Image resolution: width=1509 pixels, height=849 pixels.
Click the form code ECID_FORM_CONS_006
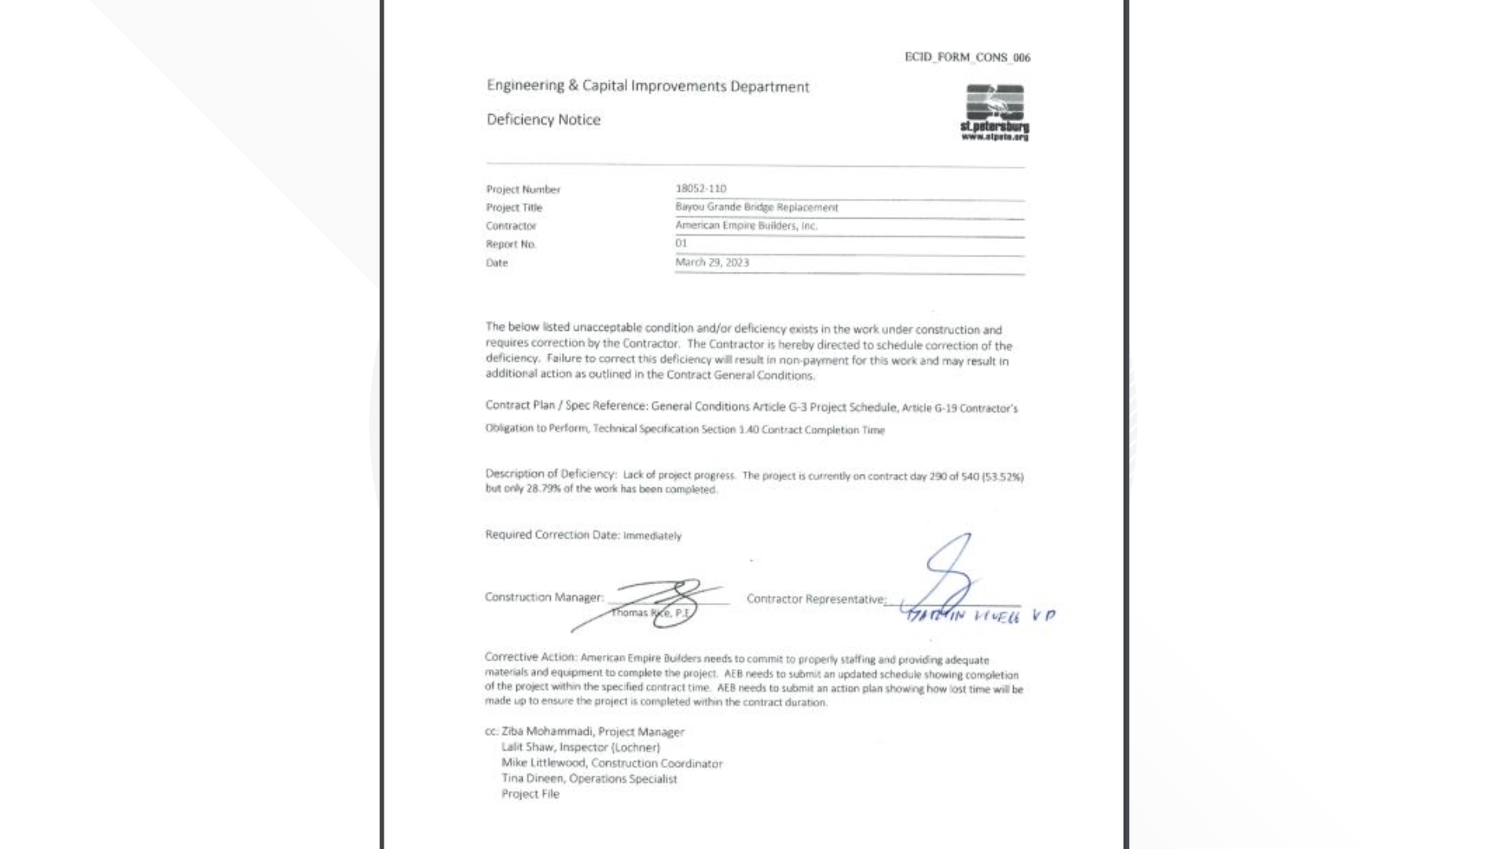coord(967,57)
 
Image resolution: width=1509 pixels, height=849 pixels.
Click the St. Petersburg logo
coord(994,112)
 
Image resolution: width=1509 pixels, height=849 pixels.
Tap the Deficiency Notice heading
coord(543,119)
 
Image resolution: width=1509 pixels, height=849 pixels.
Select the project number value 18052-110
coord(700,189)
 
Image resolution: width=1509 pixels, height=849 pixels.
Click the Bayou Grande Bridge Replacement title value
coord(756,208)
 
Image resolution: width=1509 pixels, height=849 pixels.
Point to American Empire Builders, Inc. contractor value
coord(746,226)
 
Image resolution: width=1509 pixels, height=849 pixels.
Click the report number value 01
coord(681,244)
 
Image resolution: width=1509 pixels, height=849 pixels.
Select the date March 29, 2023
coord(711,263)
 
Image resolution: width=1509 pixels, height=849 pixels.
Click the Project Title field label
coord(513,208)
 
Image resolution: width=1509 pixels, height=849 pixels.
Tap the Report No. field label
coord(510,244)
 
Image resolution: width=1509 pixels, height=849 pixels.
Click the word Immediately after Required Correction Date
coord(652,536)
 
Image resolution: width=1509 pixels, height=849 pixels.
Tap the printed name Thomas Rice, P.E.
coord(650,613)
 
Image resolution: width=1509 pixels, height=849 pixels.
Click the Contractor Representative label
coord(815,599)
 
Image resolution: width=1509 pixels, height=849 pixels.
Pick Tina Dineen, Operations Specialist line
coord(589,779)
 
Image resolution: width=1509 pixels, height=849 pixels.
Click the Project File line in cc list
coord(531,794)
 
